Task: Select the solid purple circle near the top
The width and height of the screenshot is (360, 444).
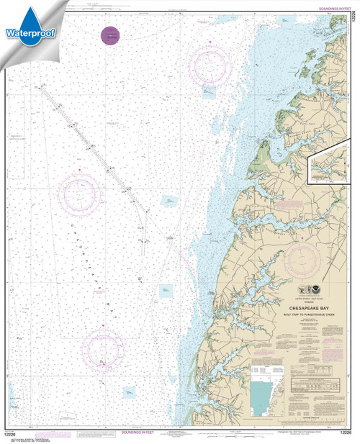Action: [109, 34]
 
